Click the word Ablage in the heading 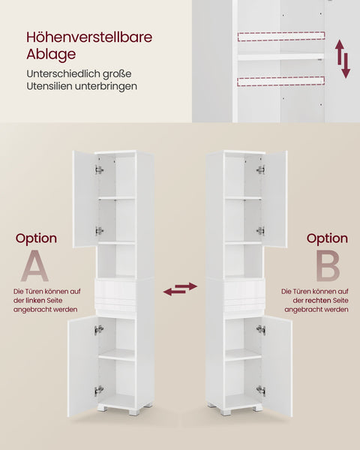click(51, 55)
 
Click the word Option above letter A click(36, 238)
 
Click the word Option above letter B click(327, 238)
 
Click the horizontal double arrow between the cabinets click(180, 289)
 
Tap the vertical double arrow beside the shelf click(343, 60)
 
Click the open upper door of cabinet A click(84, 199)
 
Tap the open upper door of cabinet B click(275, 199)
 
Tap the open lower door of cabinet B click(277, 365)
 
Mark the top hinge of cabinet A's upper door click(99, 170)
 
